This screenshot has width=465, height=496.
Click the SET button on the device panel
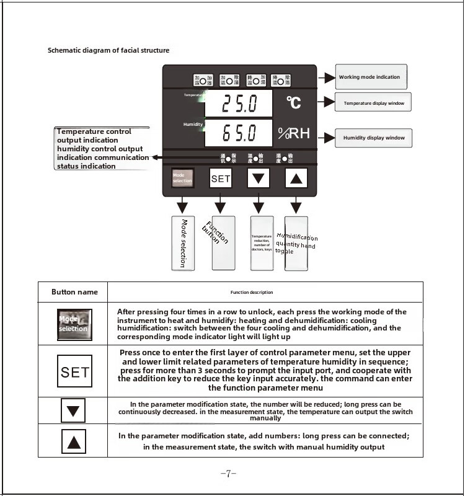pyautogui.click(x=221, y=179)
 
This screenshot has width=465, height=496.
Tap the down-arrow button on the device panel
pyautogui.click(x=259, y=179)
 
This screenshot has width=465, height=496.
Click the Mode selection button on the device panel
pyautogui.click(x=182, y=179)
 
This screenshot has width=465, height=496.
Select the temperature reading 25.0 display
pyautogui.click(x=238, y=103)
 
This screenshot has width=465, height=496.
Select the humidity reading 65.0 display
pyautogui.click(x=238, y=133)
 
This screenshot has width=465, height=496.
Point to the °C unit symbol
pyautogui.click(x=294, y=102)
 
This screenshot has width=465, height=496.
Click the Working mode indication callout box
pyautogui.click(x=371, y=77)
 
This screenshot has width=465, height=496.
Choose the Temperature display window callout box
pyautogui.click(x=373, y=103)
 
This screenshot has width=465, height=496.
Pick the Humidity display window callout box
pyautogui.click(x=373, y=138)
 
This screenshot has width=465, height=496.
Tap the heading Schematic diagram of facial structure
pyautogui.click(x=108, y=50)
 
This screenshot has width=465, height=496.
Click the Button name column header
pyautogui.click(x=74, y=292)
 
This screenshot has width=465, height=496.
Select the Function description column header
pyautogui.click(x=251, y=292)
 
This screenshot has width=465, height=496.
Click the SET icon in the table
pyautogui.click(x=74, y=372)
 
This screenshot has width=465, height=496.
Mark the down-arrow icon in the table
pyautogui.click(x=74, y=410)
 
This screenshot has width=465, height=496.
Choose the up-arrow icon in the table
pyautogui.click(x=74, y=441)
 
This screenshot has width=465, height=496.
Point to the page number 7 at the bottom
pyautogui.click(x=228, y=474)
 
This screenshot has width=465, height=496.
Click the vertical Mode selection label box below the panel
pyautogui.click(x=182, y=242)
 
